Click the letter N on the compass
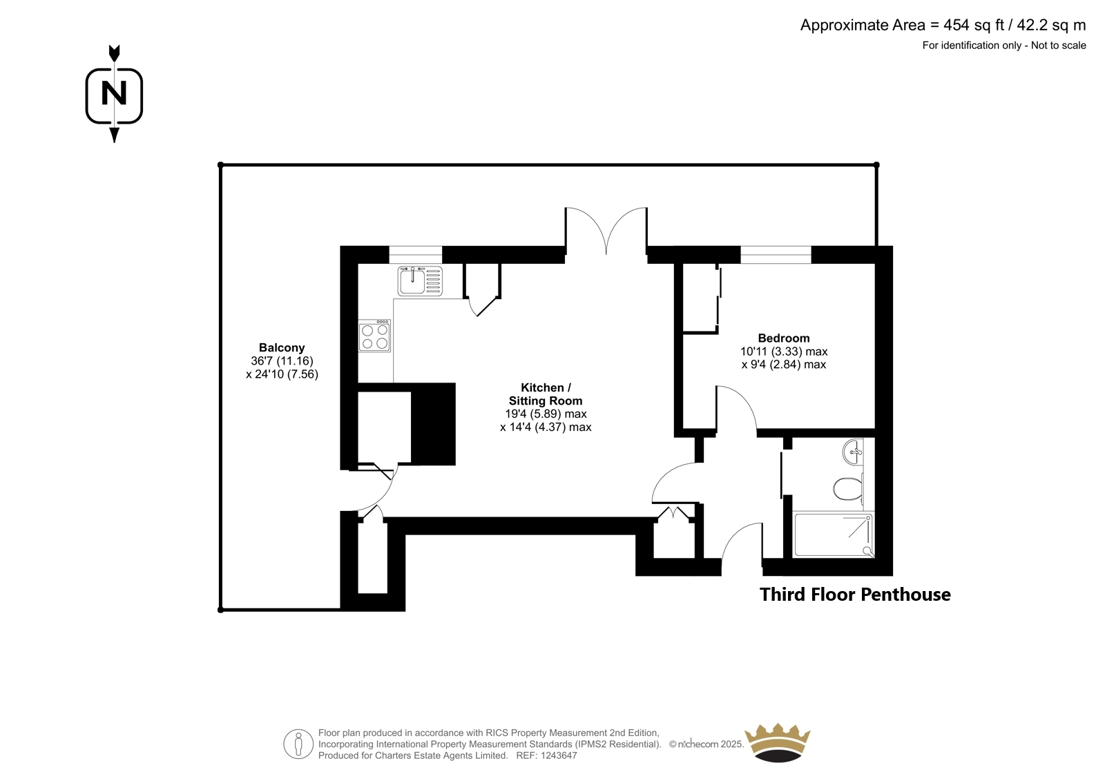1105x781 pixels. [x=114, y=93]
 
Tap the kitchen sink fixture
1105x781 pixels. [x=420, y=281]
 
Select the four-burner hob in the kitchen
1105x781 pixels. [x=375, y=336]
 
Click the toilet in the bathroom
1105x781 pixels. [x=848, y=488]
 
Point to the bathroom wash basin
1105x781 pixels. [x=853, y=452]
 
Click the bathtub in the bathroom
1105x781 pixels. [x=833, y=535]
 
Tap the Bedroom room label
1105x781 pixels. [x=784, y=338]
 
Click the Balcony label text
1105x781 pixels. [x=282, y=347]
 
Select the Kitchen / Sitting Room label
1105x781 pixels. [x=546, y=394]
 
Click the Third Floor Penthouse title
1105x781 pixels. [x=855, y=594]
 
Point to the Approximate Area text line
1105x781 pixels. [x=943, y=25]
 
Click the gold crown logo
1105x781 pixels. [x=778, y=742]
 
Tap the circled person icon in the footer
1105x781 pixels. [x=298, y=744]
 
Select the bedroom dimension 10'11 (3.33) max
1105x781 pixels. [x=784, y=351]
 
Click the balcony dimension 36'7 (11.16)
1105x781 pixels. [x=282, y=360]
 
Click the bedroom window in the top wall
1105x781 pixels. [x=776, y=255]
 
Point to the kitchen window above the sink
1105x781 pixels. [x=415, y=255]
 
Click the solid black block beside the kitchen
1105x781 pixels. [x=433, y=424]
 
